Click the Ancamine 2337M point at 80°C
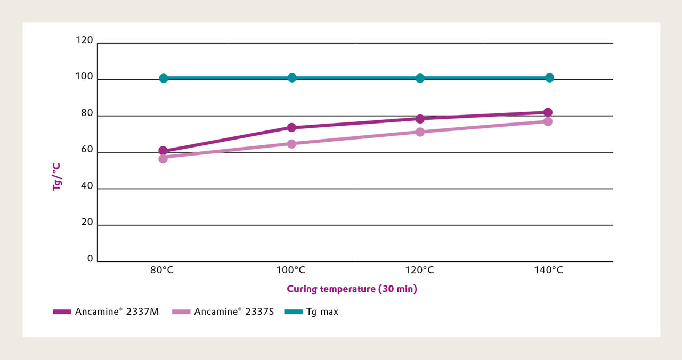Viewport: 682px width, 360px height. [163, 151]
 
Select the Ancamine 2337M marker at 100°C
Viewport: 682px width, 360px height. [291, 128]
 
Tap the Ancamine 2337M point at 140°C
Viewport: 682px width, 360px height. [548, 112]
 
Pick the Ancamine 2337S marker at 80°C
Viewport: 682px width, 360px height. [163, 159]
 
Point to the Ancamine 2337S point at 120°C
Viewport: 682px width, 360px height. [420, 132]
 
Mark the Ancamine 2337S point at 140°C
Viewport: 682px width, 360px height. [548, 121]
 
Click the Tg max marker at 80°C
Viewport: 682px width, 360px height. [164, 78]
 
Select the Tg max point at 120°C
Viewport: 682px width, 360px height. [420, 78]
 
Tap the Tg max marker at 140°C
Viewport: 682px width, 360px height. [549, 78]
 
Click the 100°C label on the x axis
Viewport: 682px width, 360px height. [291, 270]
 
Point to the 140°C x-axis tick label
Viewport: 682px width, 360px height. [548, 270]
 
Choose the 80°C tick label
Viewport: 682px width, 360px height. [162, 270]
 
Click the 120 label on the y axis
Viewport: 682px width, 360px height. [85, 40]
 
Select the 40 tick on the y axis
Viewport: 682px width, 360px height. [87, 186]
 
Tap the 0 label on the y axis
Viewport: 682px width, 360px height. [90, 259]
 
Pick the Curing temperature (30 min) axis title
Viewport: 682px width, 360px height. [352, 289]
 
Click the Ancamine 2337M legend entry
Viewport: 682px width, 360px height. [106, 312]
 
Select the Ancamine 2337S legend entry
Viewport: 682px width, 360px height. [223, 312]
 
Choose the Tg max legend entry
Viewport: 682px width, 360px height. [312, 312]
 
